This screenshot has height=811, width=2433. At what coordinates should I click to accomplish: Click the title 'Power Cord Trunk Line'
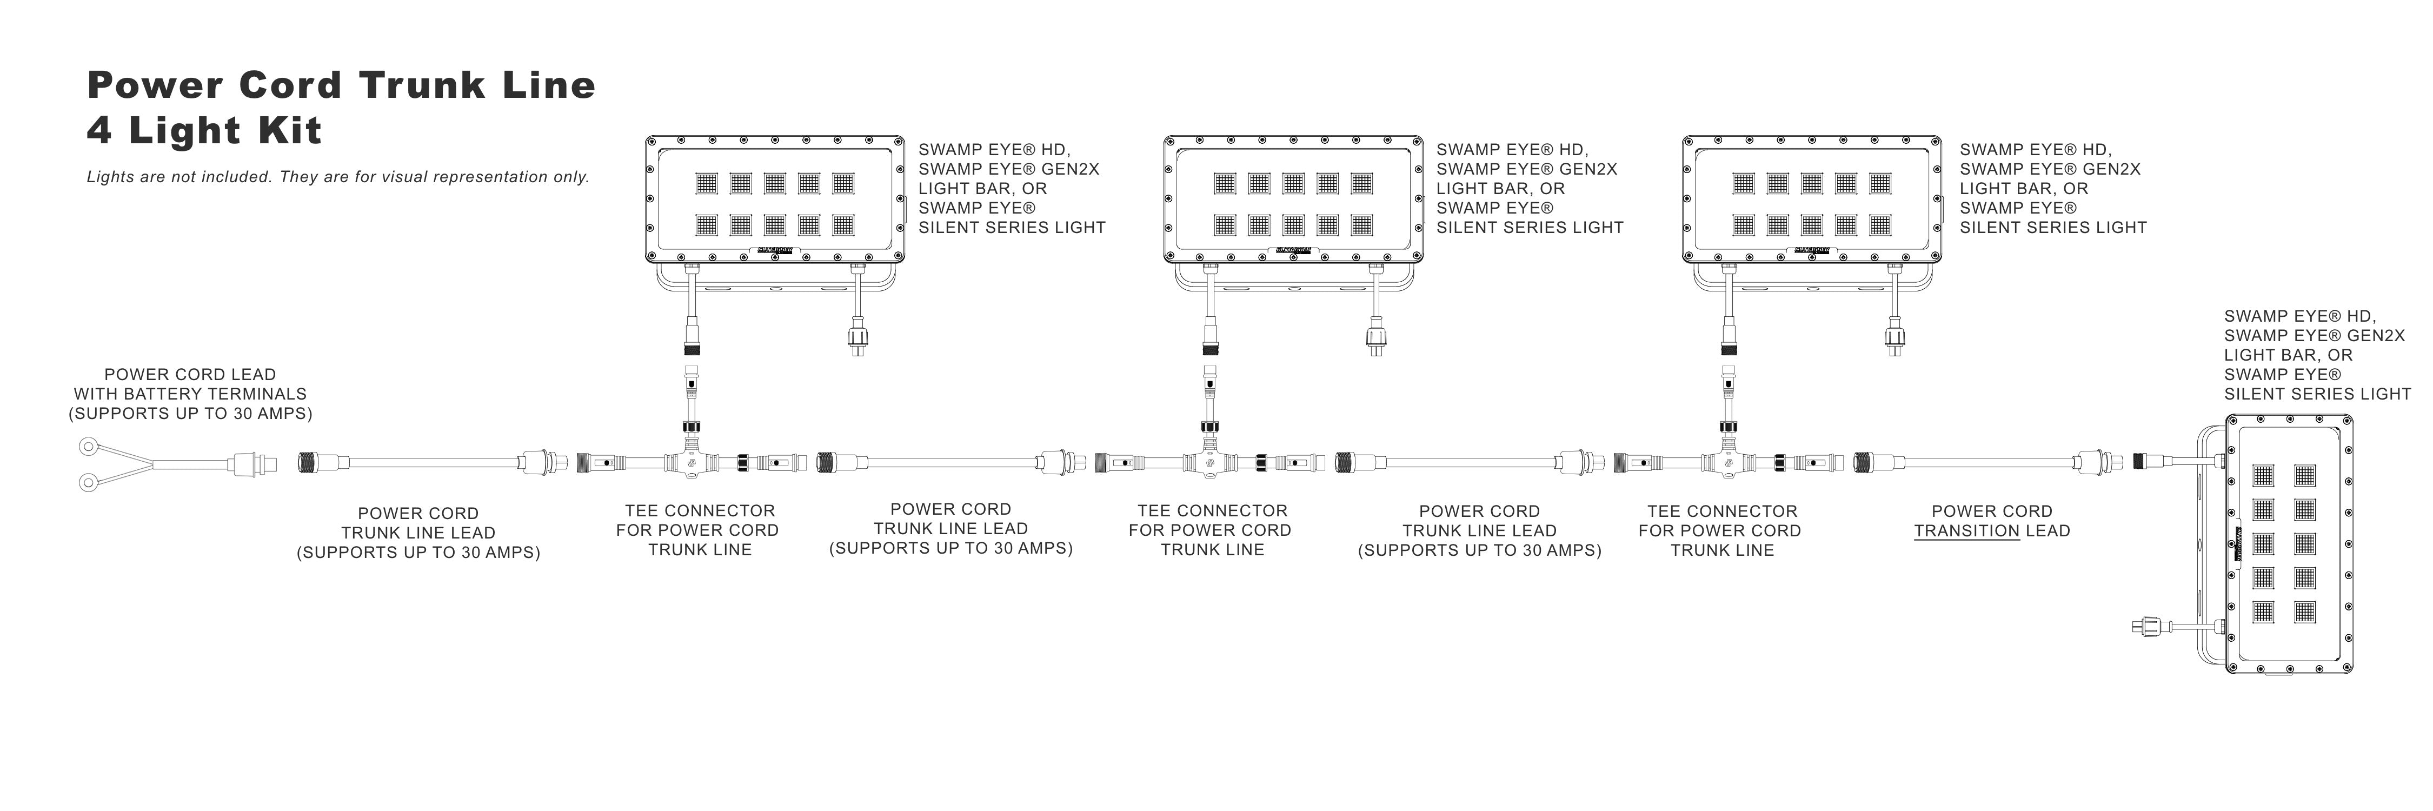click(x=341, y=85)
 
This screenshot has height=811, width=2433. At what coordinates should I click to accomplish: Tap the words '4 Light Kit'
click(x=204, y=130)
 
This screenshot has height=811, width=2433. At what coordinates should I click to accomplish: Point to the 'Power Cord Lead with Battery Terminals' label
click(x=190, y=394)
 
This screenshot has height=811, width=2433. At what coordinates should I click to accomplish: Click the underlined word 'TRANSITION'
click(x=1966, y=531)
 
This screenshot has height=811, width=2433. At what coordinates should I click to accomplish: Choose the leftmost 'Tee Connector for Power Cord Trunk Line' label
click(x=698, y=530)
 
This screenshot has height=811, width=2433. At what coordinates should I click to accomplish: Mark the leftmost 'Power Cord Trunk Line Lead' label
click(x=418, y=533)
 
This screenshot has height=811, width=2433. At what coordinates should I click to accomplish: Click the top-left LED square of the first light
click(x=707, y=183)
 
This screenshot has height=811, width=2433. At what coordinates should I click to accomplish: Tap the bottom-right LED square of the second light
click(x=1362, y=225)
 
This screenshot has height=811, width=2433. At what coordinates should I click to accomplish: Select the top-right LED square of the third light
click(x=1880, y=183)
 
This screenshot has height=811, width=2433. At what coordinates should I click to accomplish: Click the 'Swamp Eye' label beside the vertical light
click(x=2317, y=355)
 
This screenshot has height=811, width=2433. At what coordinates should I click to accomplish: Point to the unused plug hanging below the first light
click(x=857, y=337)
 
